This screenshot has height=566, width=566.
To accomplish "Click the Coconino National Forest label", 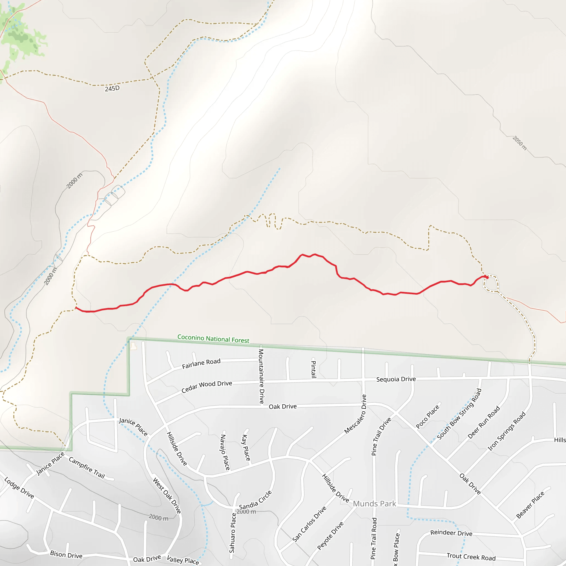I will point(213,339).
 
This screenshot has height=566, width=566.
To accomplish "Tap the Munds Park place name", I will point(374,504).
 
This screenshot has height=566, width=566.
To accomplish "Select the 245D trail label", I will point(112,88).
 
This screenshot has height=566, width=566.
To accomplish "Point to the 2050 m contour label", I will point(519,143).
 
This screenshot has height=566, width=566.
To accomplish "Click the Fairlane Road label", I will point(201,364).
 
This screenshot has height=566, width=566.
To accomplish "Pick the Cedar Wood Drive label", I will point(207,387).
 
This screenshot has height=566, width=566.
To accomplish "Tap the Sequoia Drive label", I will point(396,379).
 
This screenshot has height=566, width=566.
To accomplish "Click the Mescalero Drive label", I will point(355,414).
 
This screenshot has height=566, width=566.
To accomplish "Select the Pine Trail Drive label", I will point(381,436).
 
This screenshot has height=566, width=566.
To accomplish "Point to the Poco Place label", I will point(428,416).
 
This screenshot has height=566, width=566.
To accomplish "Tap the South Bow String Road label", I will point(459,414).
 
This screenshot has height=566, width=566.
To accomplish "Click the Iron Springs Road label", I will point(507,431).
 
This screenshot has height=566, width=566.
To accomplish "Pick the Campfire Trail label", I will point(87,468).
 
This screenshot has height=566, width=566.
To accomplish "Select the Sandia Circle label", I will point(255,500).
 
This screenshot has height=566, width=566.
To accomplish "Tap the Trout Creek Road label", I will point(471,556).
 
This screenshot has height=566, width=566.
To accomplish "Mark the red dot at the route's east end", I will point(487,277).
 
